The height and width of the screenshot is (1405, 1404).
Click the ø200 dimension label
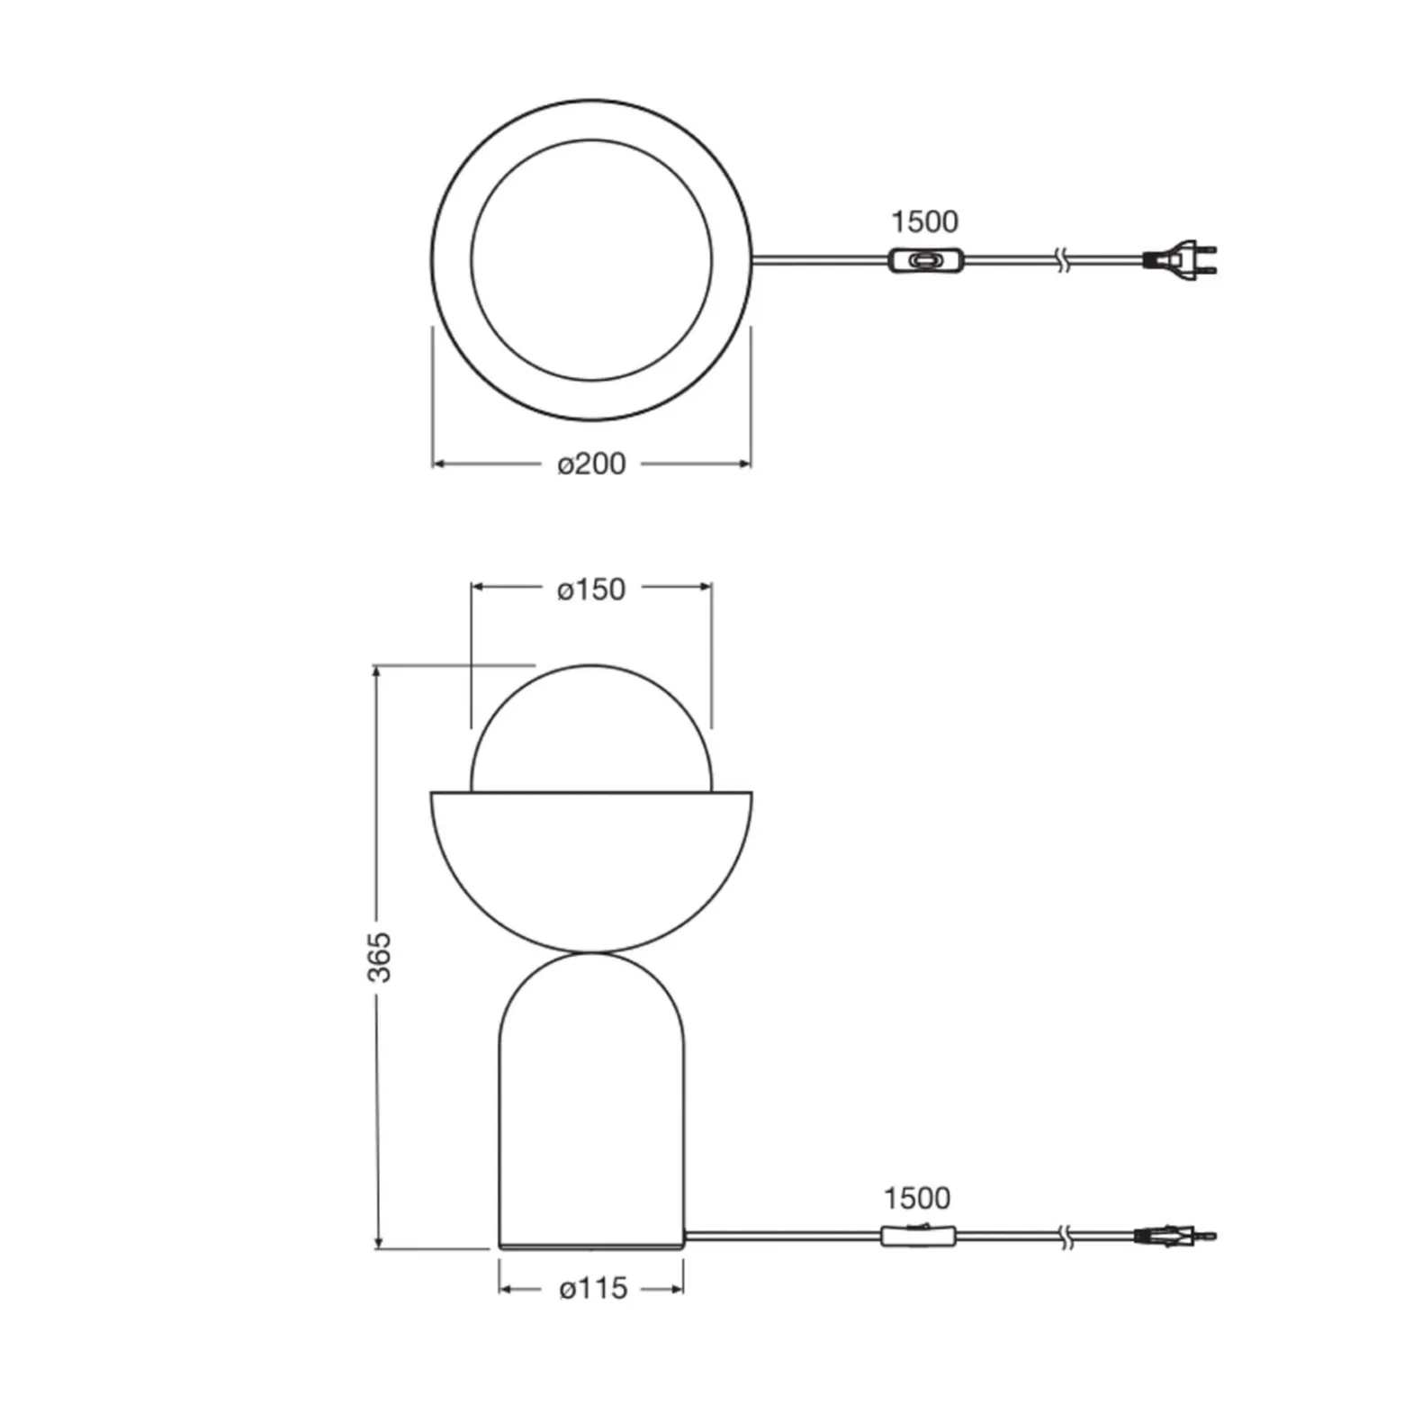pos(591,464)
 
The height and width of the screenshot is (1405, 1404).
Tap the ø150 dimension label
pos(591,590)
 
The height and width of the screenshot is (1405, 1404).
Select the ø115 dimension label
pos(593,1289)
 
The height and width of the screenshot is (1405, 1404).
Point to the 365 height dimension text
pos(381,957)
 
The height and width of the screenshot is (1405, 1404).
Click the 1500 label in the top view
pos(924,221)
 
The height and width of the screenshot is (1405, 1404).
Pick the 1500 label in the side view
pos(916,1198)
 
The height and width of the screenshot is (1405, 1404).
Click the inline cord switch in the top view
pos(922,261)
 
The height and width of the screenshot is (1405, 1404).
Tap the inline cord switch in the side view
pos(918,1236)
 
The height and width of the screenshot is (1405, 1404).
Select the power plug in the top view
pos(1179,260)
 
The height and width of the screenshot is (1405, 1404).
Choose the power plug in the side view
pos(1177,1236)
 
